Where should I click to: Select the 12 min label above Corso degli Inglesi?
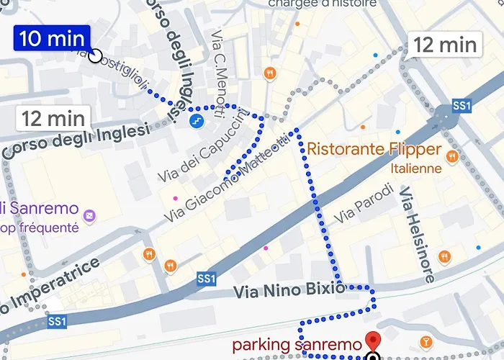[53, 117]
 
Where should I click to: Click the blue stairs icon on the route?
[195, 120]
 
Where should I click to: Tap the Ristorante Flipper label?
[374, 150]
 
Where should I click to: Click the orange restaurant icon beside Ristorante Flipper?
[452, 156]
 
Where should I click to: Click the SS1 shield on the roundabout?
[462, 106]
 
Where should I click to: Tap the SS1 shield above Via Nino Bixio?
[207, 278]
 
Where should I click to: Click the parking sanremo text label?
[297, 346]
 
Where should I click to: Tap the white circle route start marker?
[96, 55]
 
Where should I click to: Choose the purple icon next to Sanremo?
[89, 215]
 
